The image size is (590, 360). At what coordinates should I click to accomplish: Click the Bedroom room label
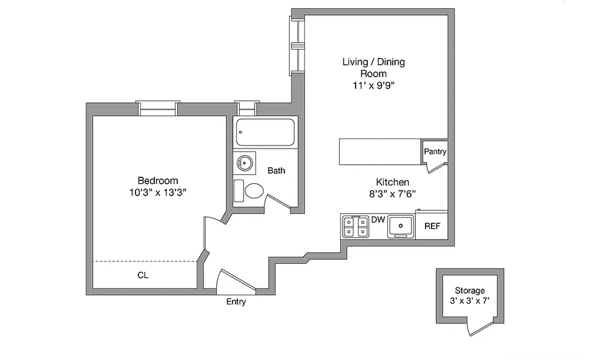(x=157, y=181)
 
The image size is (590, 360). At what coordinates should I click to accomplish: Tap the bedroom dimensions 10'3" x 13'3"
(x=157, y=192)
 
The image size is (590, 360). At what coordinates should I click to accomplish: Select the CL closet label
(x=143, y=275)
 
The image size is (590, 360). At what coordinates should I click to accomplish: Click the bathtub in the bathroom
(x=265, y=132)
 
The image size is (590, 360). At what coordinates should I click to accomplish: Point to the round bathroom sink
(x=244, y=163)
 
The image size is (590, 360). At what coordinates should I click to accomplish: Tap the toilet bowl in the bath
(x=254, y=191)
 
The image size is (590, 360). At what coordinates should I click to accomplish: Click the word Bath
(x=276, y=171)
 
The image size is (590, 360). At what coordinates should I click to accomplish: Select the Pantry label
(x=435, y=151)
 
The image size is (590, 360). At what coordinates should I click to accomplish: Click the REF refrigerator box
(x=432, y=226)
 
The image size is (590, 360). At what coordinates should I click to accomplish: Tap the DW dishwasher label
(x=378, y=220)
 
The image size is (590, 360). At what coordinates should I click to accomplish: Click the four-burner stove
(x=356, y=227)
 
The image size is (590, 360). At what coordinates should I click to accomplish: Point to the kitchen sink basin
(x=401, y=226)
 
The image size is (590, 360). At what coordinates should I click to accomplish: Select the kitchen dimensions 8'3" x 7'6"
(x=392, y=194)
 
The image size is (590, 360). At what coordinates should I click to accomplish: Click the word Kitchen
(x=392, y=182)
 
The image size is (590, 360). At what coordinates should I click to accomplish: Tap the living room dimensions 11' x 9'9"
(x=373, y=85)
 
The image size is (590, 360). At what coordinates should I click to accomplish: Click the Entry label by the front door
(x=236, y=302)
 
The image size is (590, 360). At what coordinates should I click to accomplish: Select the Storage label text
(x=469, y=290)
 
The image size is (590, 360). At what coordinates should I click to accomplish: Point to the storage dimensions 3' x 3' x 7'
(x=469, y=301)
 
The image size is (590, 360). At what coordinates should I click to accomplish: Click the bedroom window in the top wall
(x=158, y=109)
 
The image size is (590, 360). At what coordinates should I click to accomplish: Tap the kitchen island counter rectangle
(x=380, y=152)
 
